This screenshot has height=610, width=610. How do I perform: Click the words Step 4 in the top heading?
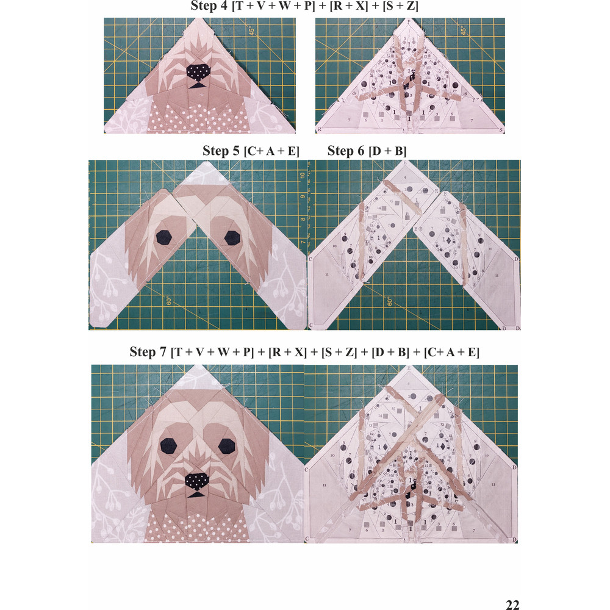coord(208,7)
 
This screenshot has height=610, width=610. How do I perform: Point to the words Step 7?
coord(148,353)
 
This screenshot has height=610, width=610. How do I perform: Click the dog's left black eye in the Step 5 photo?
coord(163,237)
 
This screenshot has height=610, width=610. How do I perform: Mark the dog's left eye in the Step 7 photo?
coord(168,446)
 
